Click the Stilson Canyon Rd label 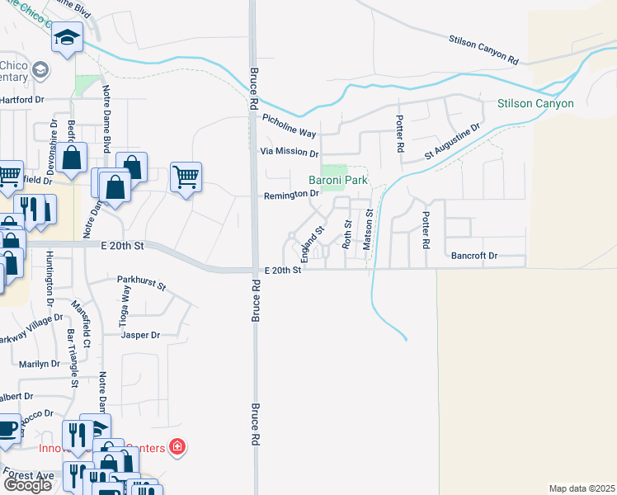[x=483, y=49]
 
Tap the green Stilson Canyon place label [x=535, y=104]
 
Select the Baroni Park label [x=337, y=180]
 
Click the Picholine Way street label [x=290, y=126]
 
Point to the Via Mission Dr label [x=289, y=153]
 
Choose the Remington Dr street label [x=291, y=195]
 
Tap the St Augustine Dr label [x=452, y=141]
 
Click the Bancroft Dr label [x=474, y=256]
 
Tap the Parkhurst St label [x=141, y=284]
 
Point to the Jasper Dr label [x=139, y=336]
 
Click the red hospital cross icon [x=176, y=448]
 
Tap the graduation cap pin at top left [x=68, y=37]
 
